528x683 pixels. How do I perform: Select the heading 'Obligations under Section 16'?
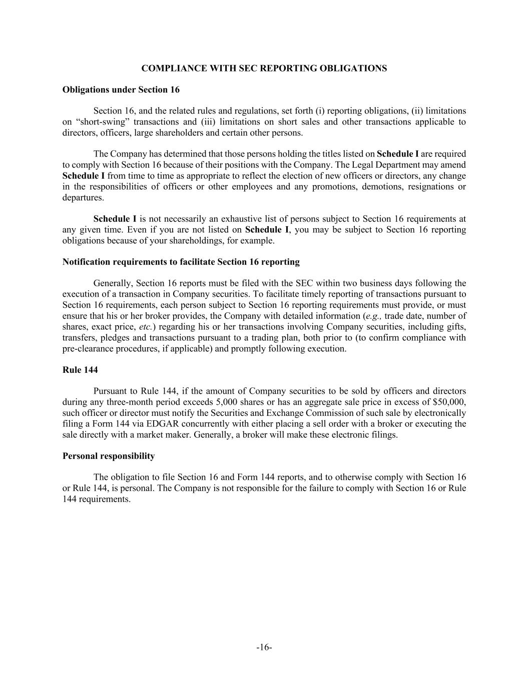pyautogui.click(x=121, y=90)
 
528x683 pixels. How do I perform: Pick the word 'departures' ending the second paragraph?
pyautogui.click(x=82, y=198)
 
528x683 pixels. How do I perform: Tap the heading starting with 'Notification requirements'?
pyautogui.click(x=181, y=262)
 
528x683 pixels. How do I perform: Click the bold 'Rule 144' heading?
pyautogui.click(x=80, y=370)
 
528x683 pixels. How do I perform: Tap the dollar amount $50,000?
pyautogui.click(x=449, y=402)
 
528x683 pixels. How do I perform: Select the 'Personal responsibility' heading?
pyautogui.click(x=109, y=456)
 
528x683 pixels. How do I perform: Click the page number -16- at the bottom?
pyautogui.click(x=264, y=647)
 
